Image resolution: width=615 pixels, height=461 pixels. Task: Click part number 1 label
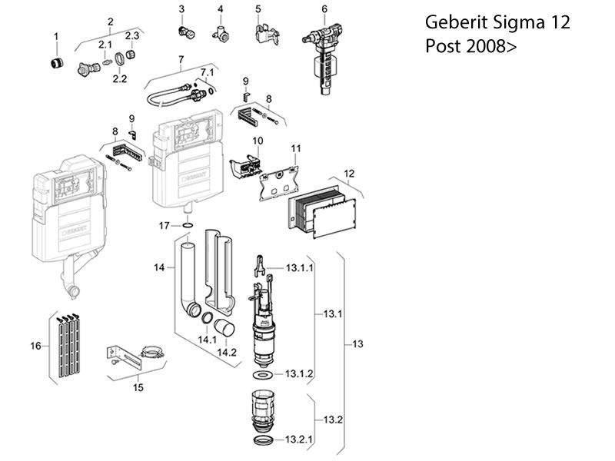(55, 36)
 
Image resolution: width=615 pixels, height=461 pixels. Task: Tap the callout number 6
(324, 9)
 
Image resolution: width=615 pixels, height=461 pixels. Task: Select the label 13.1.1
(299, 269)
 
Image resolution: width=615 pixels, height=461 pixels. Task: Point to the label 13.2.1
(300, 440)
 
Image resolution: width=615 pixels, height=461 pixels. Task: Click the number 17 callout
(164, 225)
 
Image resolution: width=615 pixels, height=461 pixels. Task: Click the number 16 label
(35, 347)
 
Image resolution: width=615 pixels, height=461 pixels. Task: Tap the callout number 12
(349, 174)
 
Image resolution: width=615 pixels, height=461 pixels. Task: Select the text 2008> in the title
(493, 46)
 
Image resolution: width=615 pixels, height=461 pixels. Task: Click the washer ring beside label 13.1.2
(262, 375)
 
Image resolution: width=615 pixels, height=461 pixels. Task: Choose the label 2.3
(132, 36)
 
